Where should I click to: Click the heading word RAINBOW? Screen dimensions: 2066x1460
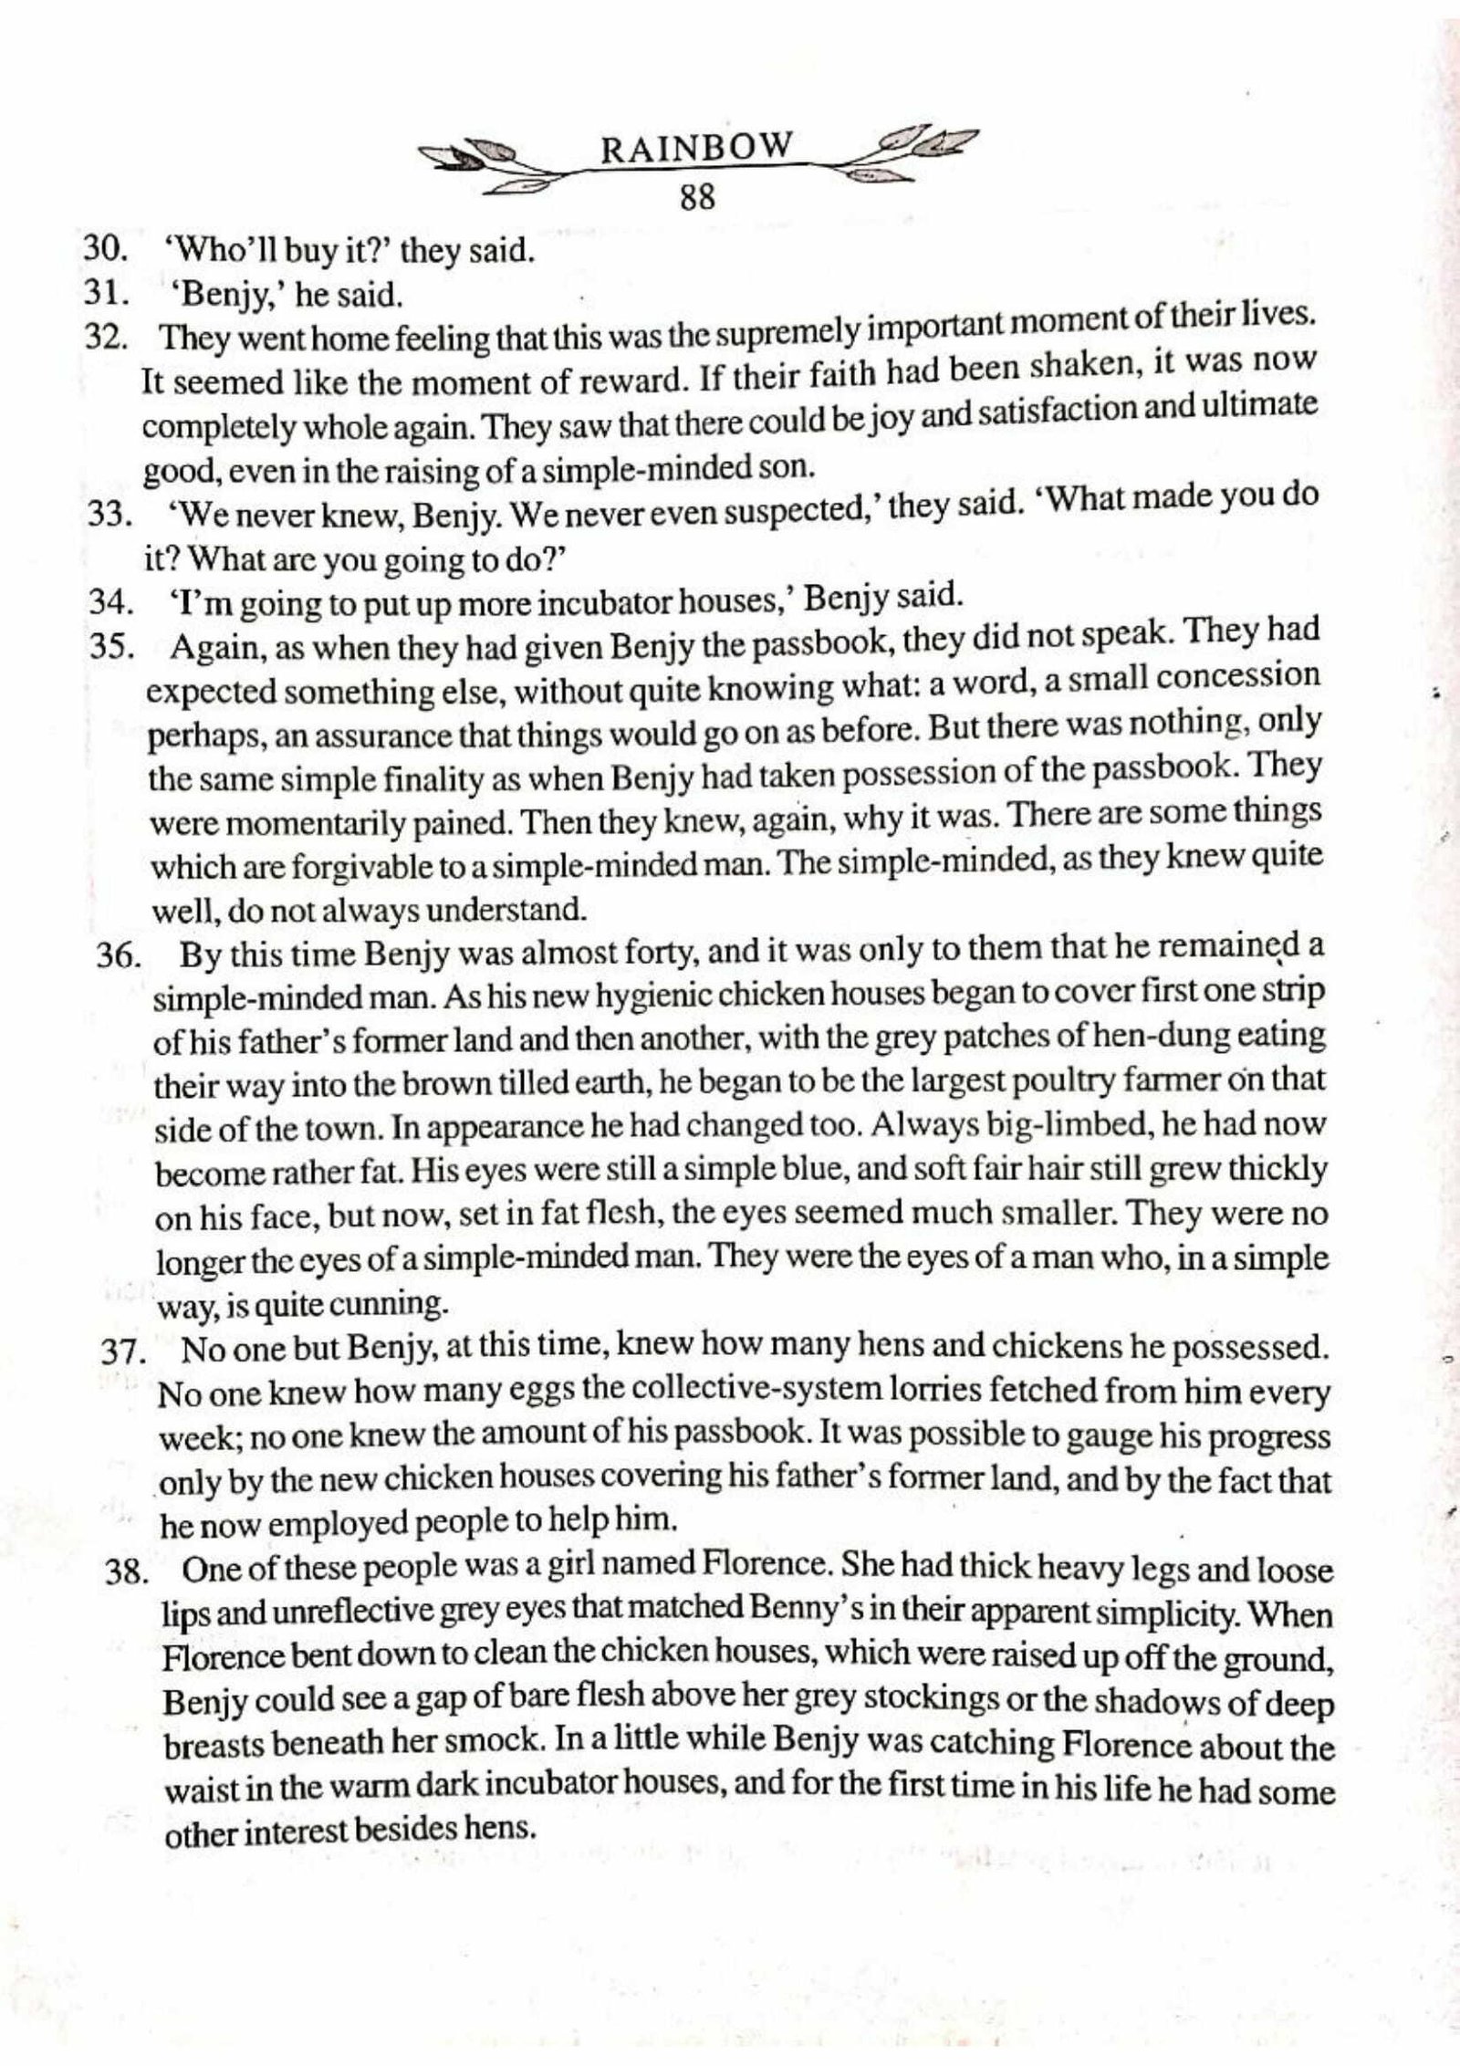(x=696, y=148)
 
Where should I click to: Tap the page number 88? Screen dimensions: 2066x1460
(x=698, y=198)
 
